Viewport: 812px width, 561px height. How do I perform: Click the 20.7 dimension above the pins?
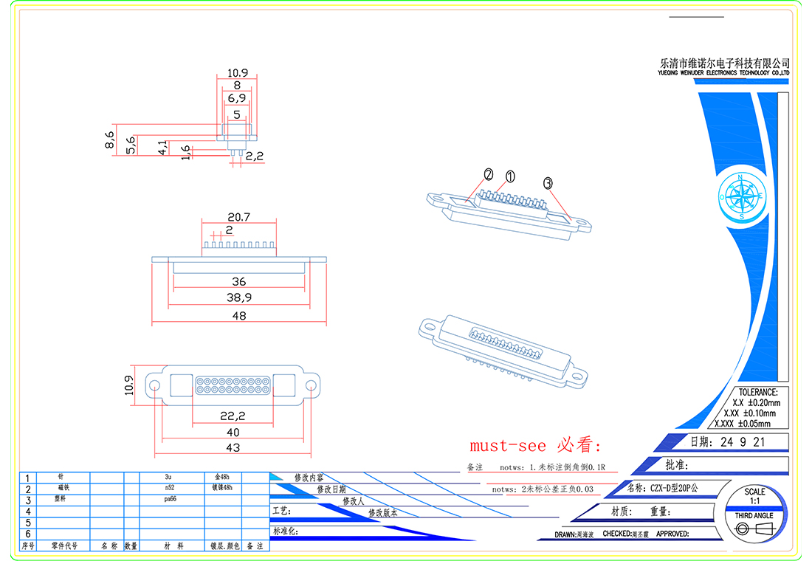click(238, 217)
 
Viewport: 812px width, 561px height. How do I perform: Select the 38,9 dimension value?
click(238, 297)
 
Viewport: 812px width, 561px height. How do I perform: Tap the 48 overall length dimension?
click(238, 316)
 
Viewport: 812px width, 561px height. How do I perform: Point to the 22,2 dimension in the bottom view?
click(233, 416)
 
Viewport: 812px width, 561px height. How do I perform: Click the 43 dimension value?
click(233, 447)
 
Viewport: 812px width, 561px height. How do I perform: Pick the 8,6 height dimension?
click(111, 140)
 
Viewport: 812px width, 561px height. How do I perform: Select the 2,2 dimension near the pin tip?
click(255, 156)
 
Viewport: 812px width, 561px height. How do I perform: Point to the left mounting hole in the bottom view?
click(155, 385)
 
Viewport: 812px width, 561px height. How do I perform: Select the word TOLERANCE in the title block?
click(757, 392)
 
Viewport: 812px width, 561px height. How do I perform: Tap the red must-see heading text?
click(536, 446)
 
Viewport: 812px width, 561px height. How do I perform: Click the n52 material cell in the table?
click(170, 489)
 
